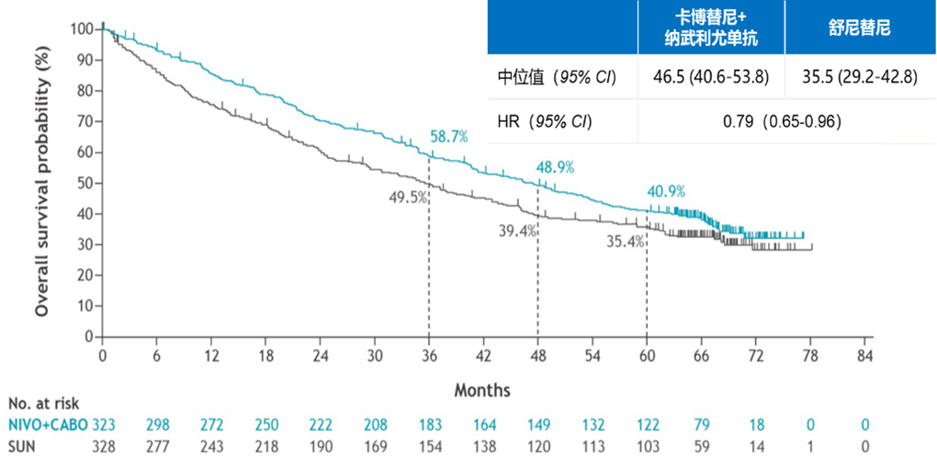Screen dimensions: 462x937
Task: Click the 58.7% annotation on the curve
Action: [x=449, y=137]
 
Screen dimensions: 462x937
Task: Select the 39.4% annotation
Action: [x=517, y=231]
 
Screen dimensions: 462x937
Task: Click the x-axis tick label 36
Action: [x=429, y=355]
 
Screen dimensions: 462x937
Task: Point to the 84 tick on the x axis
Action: [x=864, y=355]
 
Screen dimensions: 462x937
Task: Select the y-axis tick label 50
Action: [x=85, y=183]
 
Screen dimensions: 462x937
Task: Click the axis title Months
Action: [x=482, y=390]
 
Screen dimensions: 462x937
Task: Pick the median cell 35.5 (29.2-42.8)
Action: [x=860, y=76]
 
